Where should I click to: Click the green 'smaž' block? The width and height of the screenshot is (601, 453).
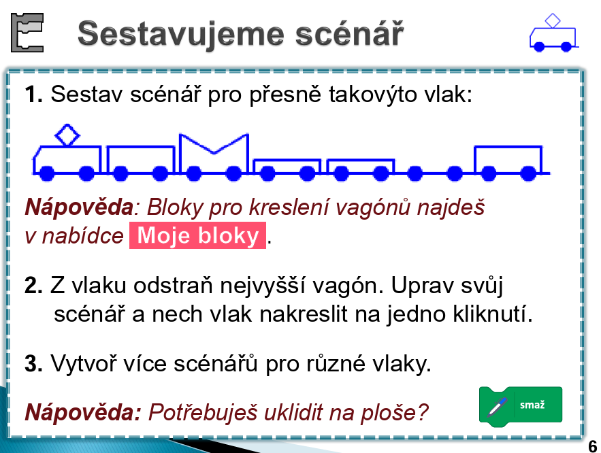pyautogui.click(x=521, y=405)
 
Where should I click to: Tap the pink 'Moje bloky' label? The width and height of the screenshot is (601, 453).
pyautogui.click(x=197, y=235)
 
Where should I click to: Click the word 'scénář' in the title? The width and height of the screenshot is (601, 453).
pyautogui.click(x=349, y=34)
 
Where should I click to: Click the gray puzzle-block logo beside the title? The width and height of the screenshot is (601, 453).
pyautogui.click(x=27, y=33)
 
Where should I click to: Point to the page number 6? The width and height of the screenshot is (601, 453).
pyautogui.click(x=593, y=446)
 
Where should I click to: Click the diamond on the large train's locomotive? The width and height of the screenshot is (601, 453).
pyautogui.click(x=67, y=135)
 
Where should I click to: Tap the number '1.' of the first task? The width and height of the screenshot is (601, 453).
pyautogui.click(x=33, y=94)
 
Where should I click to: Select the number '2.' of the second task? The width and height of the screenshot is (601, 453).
pyautogui.click(x=33, y=286)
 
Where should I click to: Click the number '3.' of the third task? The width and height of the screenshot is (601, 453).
pyautogui.click(x=33, y=363)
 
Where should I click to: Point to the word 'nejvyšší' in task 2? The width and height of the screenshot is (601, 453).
pyautogui.click(x=263, y=286)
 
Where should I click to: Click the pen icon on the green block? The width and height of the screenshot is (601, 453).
pyautogui.click(x=497, y=407)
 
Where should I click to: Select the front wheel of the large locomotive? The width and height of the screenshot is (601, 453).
pyautogui.click(x=47, y=173)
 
